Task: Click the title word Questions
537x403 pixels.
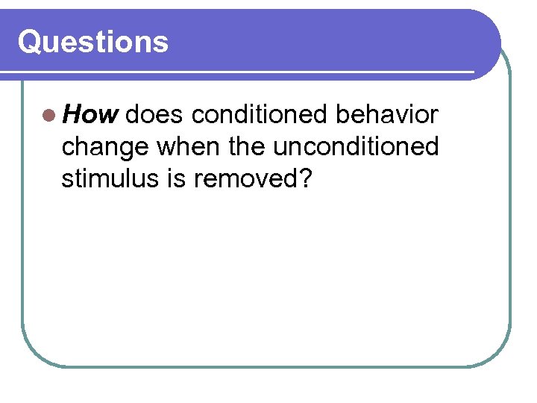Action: point(93,42)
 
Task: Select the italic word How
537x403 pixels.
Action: point(90,115)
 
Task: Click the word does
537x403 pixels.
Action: point(155,115)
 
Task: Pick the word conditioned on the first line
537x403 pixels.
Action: point(260,115)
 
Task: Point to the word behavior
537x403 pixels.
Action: point(387,115)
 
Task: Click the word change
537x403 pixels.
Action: point(106,148)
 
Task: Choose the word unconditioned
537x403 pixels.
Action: point(356,147)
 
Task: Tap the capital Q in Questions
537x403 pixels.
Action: point(29,42)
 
